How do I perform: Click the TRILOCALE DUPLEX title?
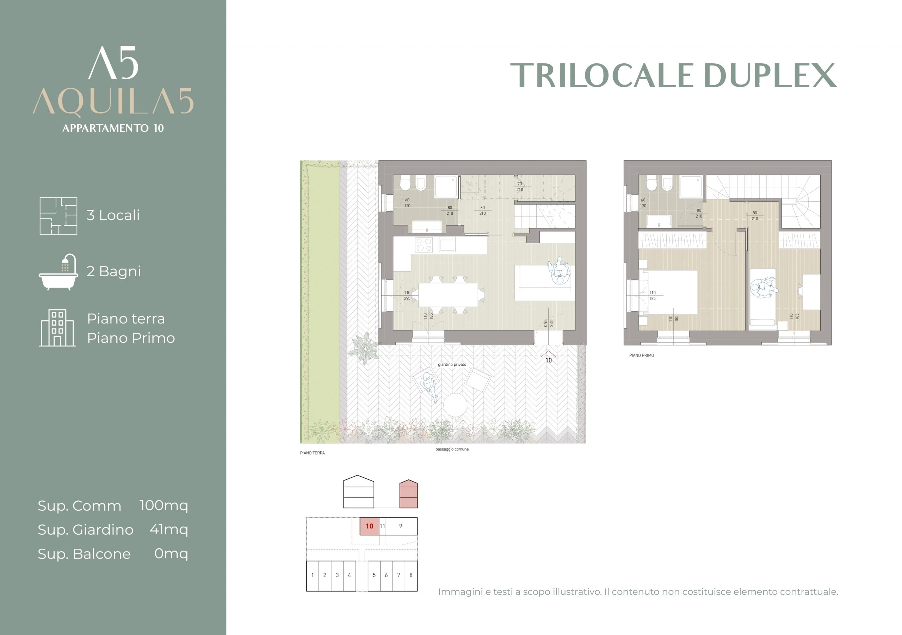(x=673, y=75)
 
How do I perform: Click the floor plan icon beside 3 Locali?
(x=58, y=216)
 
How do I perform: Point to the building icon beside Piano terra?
(x=57, y=328)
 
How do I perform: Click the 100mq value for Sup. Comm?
(x=164, y=505)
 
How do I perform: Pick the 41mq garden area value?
(x=169, y=529)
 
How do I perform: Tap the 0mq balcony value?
(x=171, y=553)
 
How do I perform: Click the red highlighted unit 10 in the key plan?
(x=369, y=526)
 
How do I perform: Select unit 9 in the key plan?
(x=401, y=526)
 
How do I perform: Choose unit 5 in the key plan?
(x=374, y=576)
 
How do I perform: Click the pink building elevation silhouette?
(x=409, y=494)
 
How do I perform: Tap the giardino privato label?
(x=452, y=365)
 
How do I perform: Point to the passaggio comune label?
(x=452, y=449)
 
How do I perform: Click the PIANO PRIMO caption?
(x=642, y=356)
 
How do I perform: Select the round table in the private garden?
(x=455, y=405)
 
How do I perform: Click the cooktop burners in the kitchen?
(x=424, y=245)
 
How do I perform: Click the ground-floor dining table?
(x=448, y=295)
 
